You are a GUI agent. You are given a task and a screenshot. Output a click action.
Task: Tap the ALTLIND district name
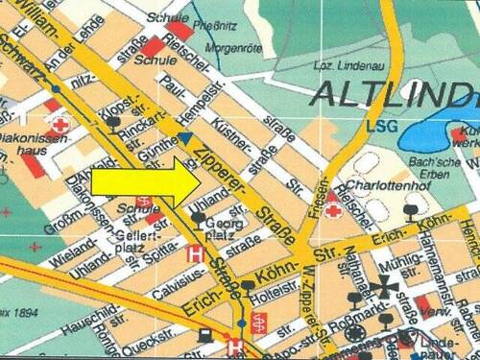pyautogui.click(x=395, y=94)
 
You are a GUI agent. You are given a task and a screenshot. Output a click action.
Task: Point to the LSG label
pyautogui.click(x=382, y=125)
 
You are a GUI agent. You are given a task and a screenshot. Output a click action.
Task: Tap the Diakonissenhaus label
pyautogui.click(x=35, y=141)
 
